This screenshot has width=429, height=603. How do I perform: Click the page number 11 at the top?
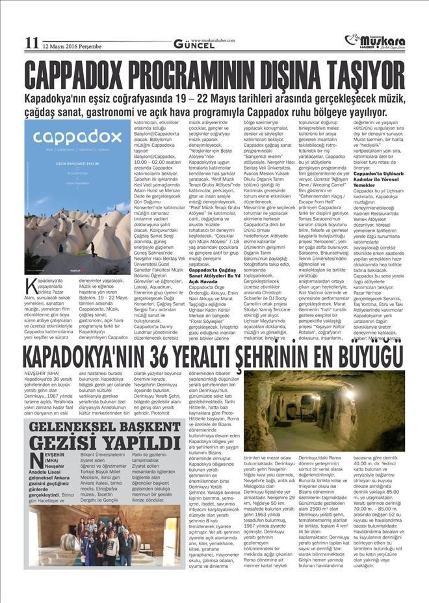click(31, 43)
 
